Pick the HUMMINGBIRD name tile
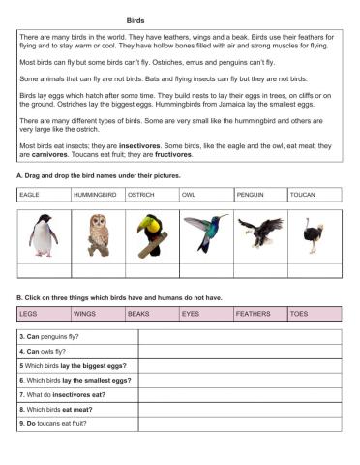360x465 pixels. (x=98, y=195)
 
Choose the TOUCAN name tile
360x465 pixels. (x=315, y=195)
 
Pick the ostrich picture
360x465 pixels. (x=312, y=235)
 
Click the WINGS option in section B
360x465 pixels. (x=98, y=314)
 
